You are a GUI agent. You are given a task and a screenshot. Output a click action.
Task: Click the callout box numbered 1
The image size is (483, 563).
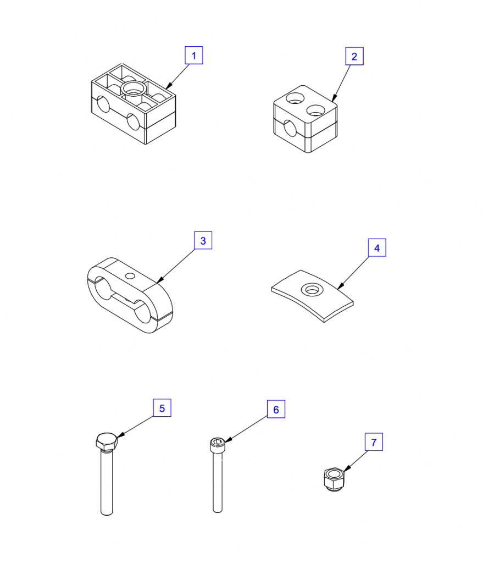coord(194,56)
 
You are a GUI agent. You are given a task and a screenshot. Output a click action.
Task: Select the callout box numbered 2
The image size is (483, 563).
coord(354,56)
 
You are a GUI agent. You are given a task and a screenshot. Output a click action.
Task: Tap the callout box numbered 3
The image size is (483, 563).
coord(203,240)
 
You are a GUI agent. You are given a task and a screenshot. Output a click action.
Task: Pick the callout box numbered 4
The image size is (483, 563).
coord(377,247)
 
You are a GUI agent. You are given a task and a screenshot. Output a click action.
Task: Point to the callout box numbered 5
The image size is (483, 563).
coord(162,407)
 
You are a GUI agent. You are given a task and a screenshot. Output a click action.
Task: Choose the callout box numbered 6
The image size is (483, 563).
coord(276,409)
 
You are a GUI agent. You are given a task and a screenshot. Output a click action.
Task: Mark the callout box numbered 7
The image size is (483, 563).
coord(374,441)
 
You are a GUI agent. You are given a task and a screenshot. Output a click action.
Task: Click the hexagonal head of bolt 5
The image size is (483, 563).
coord(107,441)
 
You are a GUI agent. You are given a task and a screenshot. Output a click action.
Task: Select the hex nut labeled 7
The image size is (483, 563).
coord(334,479)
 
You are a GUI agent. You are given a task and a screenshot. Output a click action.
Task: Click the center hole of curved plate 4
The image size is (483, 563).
coord(312,289)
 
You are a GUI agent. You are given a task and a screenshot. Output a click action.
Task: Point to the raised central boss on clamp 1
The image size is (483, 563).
coord(134,89)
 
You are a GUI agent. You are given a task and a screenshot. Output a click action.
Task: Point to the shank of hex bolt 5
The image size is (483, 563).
coord(107,483)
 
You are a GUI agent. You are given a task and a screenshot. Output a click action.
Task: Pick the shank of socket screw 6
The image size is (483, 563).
coord(218,482)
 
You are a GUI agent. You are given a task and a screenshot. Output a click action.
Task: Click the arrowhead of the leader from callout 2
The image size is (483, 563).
coord(334,98)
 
